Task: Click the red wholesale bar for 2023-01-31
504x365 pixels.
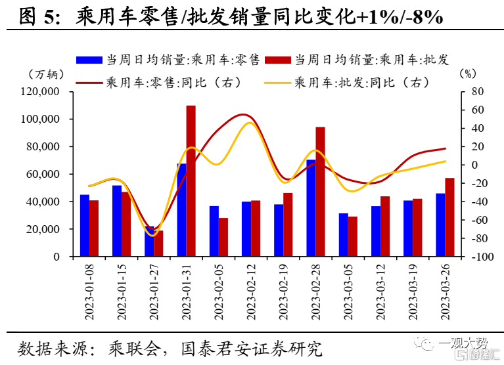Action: click(x=191, y=181)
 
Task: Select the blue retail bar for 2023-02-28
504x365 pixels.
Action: click(x=311, y=208)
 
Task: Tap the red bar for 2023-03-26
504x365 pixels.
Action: click(x=449, y=217)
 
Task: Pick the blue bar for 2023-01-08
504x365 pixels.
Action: click(x=85, y=225)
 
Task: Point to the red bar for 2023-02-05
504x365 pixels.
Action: click(x=223, y=237)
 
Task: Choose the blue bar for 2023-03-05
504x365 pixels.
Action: click(x=343, y=234)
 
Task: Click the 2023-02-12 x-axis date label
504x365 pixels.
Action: click(x=251, y=292)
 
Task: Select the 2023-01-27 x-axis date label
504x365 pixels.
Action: click(x=154, y=292)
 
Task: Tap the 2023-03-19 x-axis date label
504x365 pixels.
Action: click(x=413, y=292)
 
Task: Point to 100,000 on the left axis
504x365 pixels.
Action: click(x=40, y=119)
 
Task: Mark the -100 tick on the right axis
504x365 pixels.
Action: click(x=482, y=257)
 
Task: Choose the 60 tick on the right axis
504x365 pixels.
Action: click(x=478, y=110)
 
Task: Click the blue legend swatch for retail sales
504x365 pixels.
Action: click(x=89, y=60)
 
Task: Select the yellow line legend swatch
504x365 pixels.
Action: click(x=277, y=83)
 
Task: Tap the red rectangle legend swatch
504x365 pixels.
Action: click(x=278, y=60)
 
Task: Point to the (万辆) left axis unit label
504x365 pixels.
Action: click(x=46, y=74)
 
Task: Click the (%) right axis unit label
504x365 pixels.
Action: click(x=468, y=74)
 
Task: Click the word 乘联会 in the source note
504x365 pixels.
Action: click(x=134, y=349)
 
